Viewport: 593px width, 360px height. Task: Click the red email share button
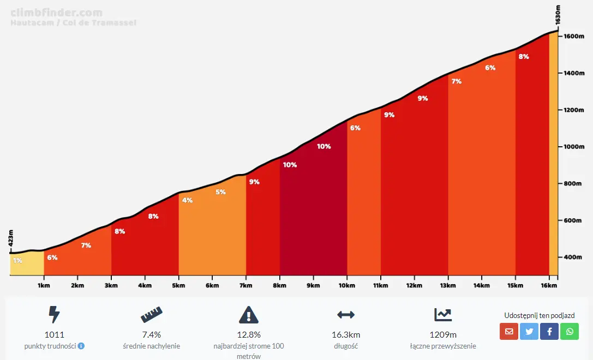point(509,331)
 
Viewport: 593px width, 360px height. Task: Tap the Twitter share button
point(529,331)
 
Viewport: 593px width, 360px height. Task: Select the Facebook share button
point(549,331)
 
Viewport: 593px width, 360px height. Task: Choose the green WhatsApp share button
point(570,331)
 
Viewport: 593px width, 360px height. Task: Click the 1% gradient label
point(17,261)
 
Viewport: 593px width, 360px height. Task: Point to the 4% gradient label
point(187,200)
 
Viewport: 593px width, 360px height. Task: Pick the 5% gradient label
point(220,192)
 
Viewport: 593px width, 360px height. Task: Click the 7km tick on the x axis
point(246,285)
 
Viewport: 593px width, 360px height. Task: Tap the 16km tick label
point(549,285)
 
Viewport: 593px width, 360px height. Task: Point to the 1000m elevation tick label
point(574,147)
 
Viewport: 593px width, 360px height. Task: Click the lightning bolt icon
point(54,315)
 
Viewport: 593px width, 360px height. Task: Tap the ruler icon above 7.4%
point(151,315)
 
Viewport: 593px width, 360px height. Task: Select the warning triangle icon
point(249,315)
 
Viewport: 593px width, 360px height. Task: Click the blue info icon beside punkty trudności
point(81,346)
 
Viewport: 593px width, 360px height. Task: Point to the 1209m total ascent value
point(442,334)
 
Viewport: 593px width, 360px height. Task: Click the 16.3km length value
point(346,334)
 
